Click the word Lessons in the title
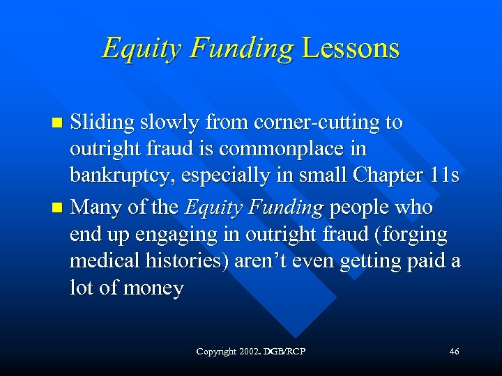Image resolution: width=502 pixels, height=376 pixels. tap(351, 48)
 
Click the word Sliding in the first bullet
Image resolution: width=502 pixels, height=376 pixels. tap(104, 123)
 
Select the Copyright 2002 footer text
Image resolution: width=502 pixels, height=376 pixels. tap(254, 352)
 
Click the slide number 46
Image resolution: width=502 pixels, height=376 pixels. tap(454, 352)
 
